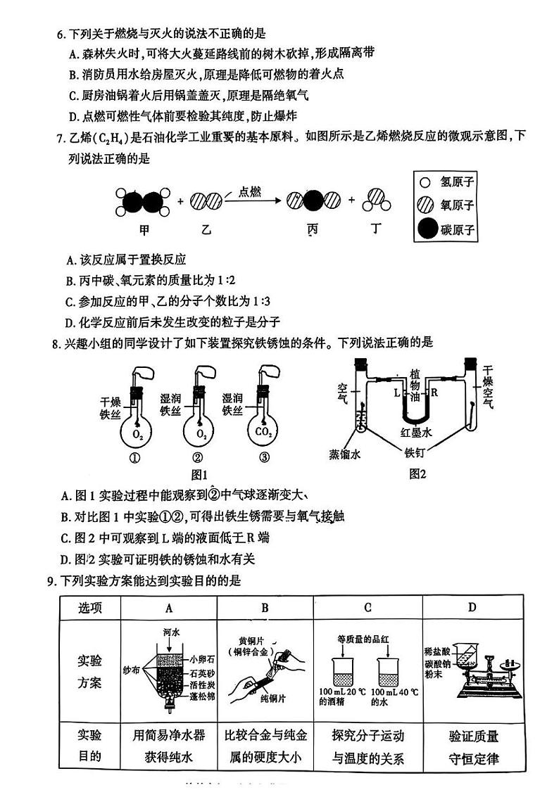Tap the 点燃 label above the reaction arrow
click(x=250, y=191)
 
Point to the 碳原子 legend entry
click(x=458, y=230)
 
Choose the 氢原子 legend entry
click(x=458, y=182)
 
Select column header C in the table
click(x=368, y=608)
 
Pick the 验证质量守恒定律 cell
click(x=473, y=747)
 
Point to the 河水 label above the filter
click(x=171, y=631)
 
